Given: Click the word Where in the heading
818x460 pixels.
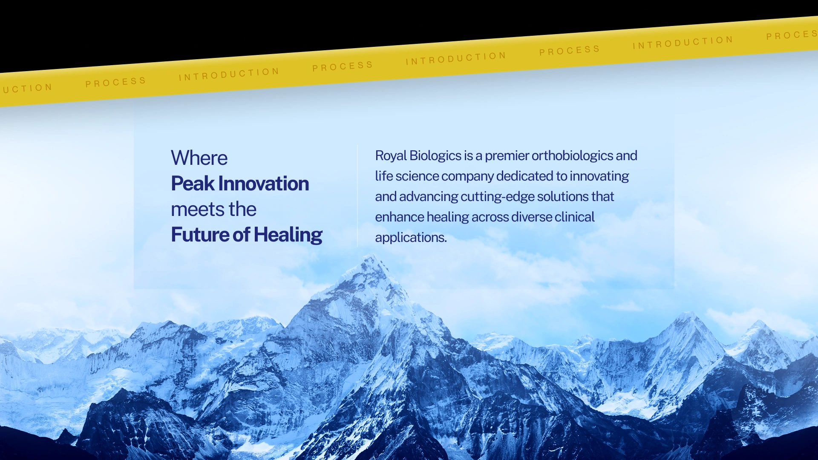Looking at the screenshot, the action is [199, 158].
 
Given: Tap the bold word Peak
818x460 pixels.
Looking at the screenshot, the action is [193, 184].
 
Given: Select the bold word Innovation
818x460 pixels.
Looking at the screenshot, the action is [264, 184].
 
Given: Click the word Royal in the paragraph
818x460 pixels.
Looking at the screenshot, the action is [391, 156].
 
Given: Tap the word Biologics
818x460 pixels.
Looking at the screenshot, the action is [435, 156].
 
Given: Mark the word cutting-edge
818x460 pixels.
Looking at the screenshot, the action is [497, 197].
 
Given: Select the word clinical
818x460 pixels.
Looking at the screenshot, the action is [574, 217].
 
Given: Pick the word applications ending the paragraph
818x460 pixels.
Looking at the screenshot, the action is [411, 238].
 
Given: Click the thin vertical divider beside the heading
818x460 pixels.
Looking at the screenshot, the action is [357, 196].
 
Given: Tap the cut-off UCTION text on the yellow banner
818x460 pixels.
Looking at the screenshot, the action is [28, 88].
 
